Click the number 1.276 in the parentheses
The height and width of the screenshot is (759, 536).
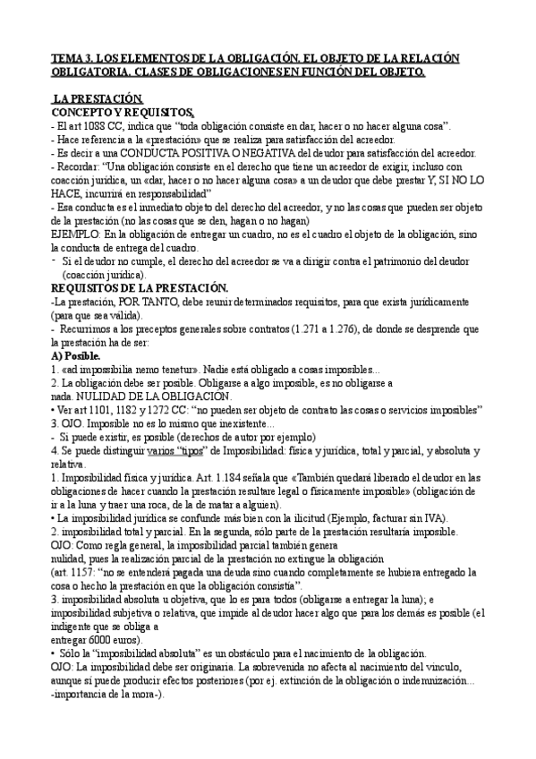319,330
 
